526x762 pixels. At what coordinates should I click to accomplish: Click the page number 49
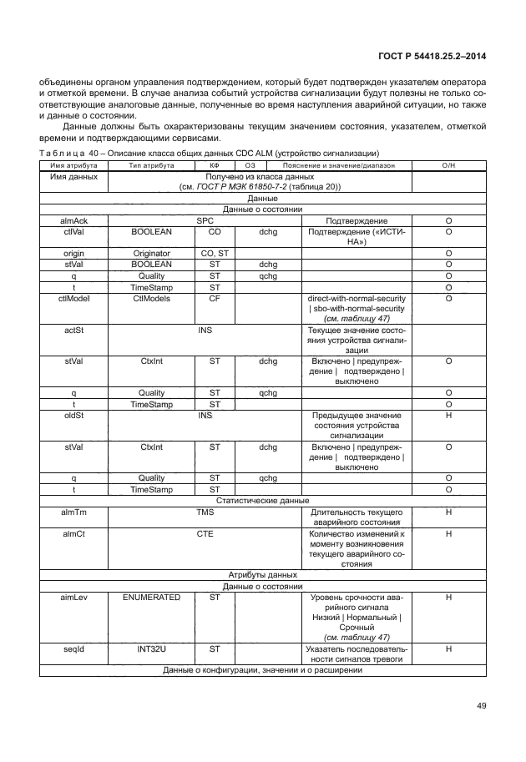[480, 706]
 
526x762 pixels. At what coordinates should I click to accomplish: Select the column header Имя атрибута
[69, 166]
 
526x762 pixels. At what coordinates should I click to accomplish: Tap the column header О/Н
[448, 166]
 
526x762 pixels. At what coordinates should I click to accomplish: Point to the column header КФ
[214, 166]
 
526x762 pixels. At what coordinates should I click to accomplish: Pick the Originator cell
[152, 253]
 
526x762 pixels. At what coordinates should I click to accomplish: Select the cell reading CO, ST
[215, 253]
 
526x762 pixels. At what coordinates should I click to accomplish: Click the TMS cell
[205, 511]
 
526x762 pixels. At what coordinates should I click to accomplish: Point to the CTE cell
[205, 532]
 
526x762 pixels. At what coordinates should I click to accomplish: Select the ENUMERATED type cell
[152, 598]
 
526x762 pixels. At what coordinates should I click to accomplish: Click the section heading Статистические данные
[263, 500]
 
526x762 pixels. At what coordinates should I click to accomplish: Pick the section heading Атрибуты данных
[263, 575]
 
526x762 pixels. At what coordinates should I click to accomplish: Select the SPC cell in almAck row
[205, 220]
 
